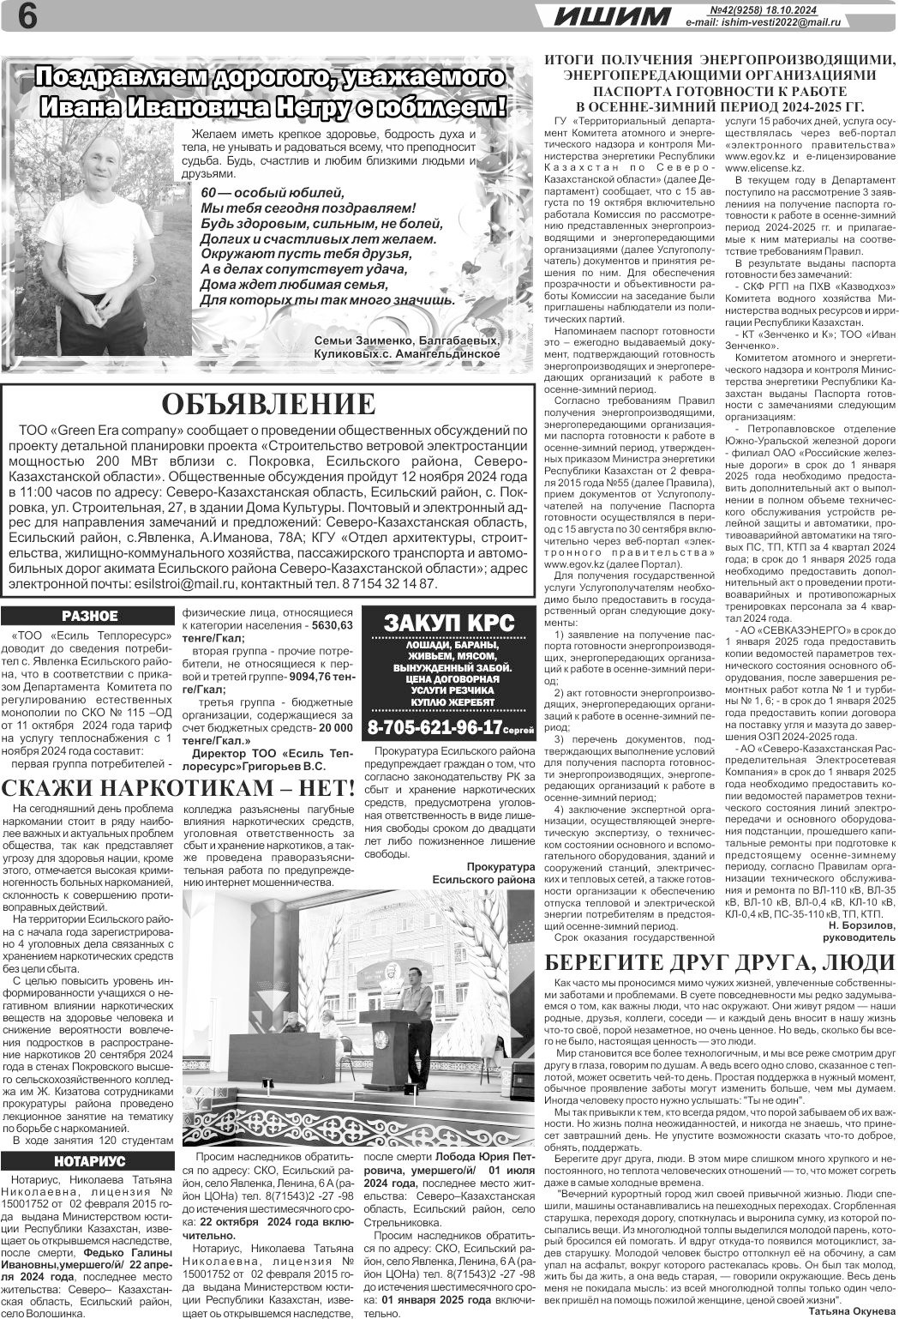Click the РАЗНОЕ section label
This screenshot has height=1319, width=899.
(89, 616)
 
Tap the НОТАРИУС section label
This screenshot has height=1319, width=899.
(89, 1161)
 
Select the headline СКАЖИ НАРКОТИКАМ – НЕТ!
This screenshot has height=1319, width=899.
(178, 788)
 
